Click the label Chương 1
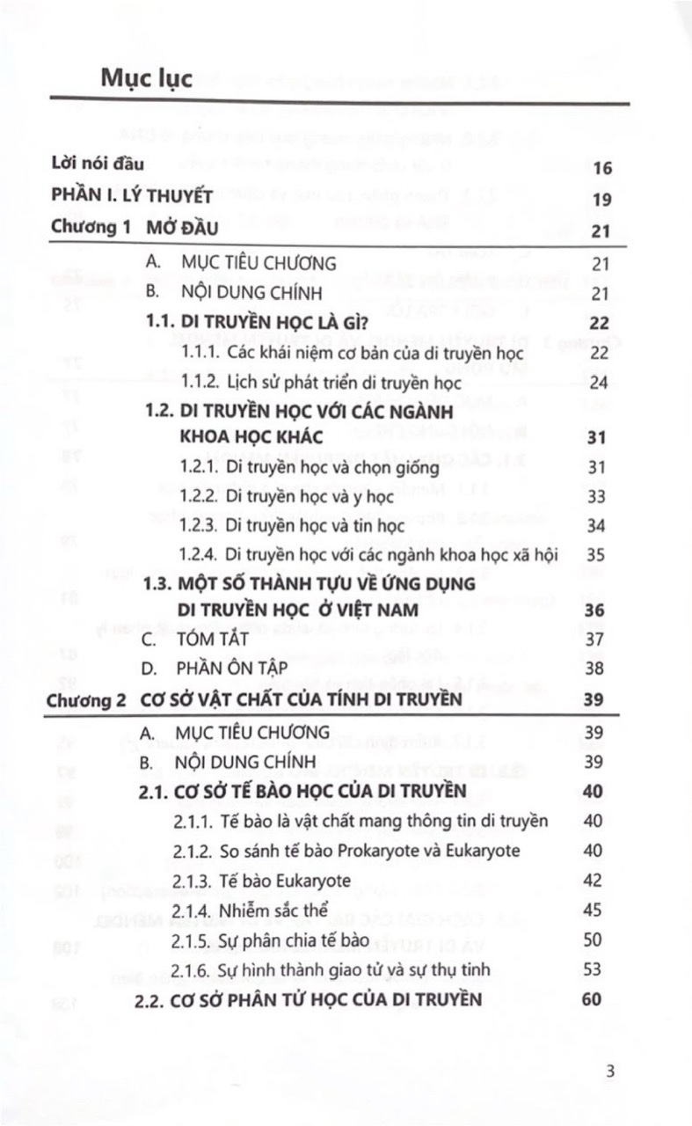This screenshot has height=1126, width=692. (x=91, y=228)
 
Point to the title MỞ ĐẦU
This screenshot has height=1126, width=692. (x=182, y=229)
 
